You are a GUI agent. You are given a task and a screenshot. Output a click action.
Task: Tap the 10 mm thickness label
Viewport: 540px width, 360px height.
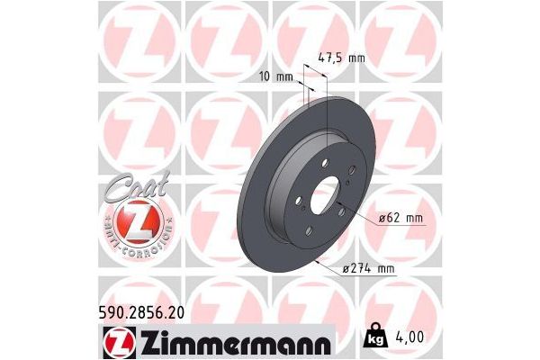coord(283,76)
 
